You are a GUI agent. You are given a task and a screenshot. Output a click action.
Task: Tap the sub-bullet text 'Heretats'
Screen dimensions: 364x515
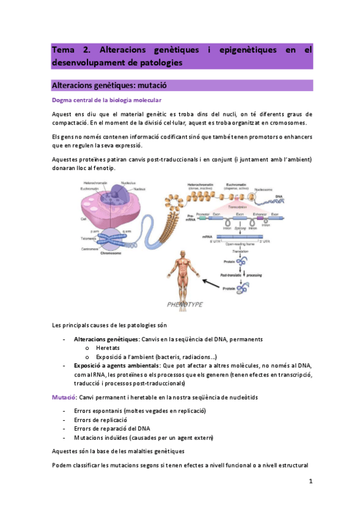[108, 347]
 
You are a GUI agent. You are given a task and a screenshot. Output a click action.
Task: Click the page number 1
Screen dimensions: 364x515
[311, 482]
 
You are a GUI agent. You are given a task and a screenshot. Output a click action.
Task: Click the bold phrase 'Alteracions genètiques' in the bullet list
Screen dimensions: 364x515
[106, 338]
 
